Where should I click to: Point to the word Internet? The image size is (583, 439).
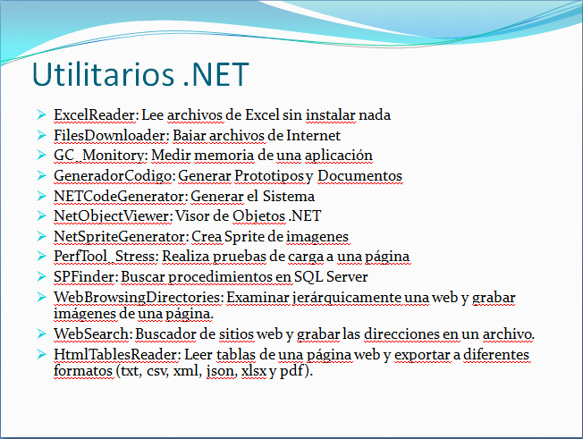(x=313, y=136)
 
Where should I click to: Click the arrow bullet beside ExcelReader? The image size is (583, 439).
(x=42, y=115)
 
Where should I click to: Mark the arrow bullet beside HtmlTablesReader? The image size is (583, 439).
(x=42, y=355)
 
